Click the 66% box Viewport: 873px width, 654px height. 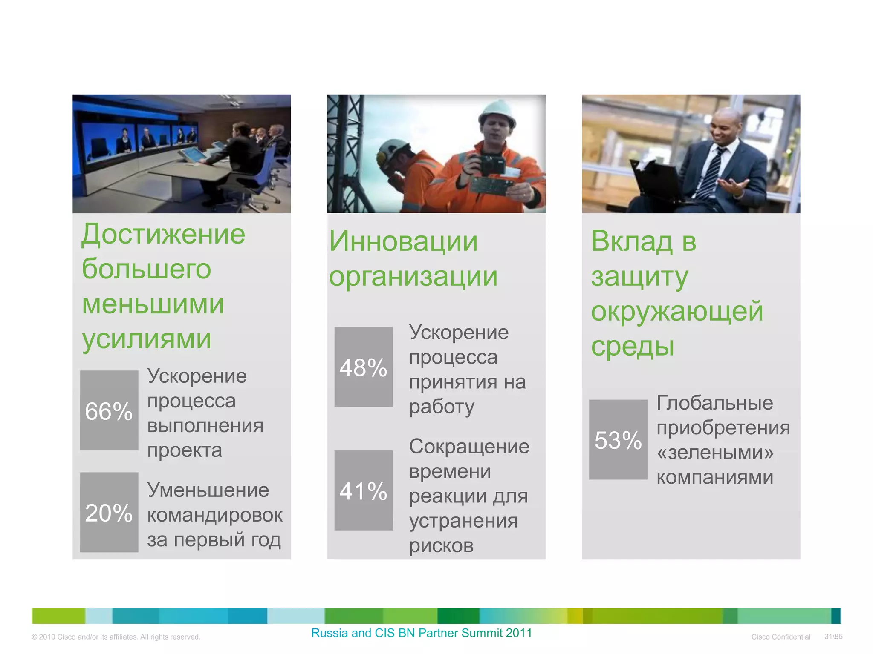[x=109, y=410]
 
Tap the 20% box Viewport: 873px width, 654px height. [x=109, y=512]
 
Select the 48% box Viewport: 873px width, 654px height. [x=363, y=367]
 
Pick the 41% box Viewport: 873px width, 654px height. [x=363, y=490]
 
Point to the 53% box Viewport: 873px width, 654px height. [x=618, y=439]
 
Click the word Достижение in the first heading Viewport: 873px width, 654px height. [x=163, y=234]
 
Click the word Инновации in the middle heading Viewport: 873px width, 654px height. [x=403, y=241]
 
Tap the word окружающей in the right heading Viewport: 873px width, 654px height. [x=677, y=311]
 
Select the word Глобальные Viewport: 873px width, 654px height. [x=714, y=403]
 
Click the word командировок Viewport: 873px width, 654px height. [x=215, y=515]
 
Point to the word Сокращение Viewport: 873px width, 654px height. [x=469, y=447]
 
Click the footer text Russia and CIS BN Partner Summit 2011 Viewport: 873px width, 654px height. [x=422, y=633]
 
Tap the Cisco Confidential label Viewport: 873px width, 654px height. [x=780, y=637]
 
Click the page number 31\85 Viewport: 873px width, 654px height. [x=833, y=637]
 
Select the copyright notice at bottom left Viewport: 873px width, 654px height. [x=116, y=637]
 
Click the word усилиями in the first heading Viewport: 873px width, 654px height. [x=147, y=339]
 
